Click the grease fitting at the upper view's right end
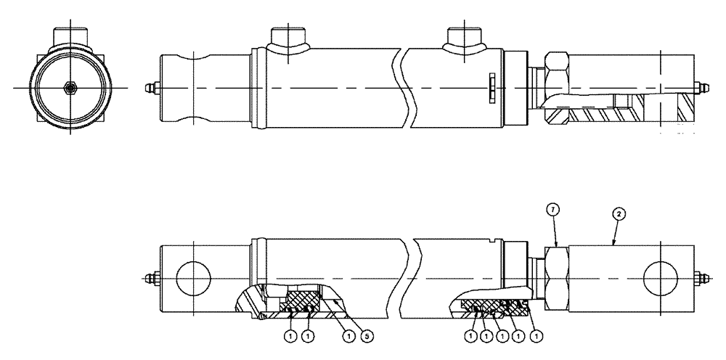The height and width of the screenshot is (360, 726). click(702, 88)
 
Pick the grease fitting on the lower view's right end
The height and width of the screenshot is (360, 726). click(702, 278)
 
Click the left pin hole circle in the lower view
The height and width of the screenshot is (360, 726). click(193, 277)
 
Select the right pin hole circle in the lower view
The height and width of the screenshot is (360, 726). click(661, 277)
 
